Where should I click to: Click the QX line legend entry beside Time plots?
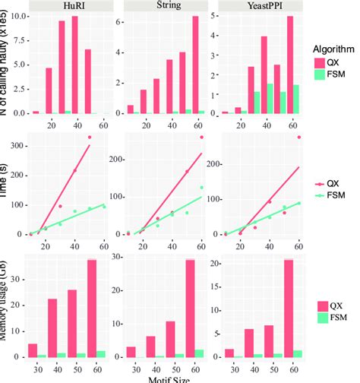tap(330, 183)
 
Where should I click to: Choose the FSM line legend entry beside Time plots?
tap(330, 195)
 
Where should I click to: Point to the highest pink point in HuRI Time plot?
tap(89, 138)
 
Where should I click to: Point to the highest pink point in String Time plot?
tap(202, 137)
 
